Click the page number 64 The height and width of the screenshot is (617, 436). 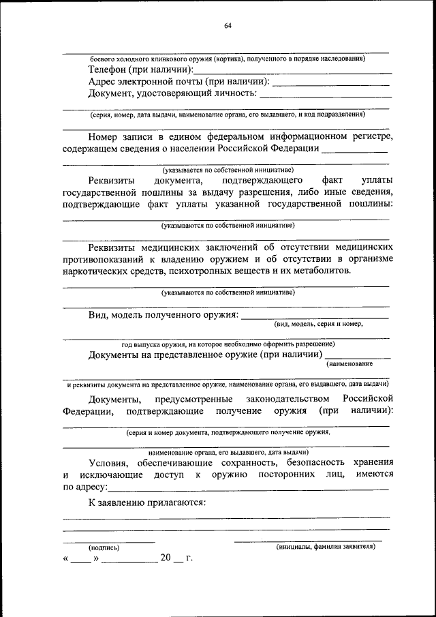point(228,26)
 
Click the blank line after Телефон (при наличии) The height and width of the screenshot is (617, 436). point(293,71)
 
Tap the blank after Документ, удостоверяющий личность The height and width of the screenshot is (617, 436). point(324,94)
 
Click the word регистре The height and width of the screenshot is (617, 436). point(373,136)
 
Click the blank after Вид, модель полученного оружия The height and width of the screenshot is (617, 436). point(315,316)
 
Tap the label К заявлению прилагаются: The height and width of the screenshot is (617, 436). point(147,502)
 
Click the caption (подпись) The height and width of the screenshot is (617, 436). point(103,547)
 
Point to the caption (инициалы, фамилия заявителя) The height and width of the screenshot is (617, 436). point(325,547)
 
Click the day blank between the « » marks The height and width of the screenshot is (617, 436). point(81,559)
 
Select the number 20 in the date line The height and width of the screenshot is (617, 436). point(166,558)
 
